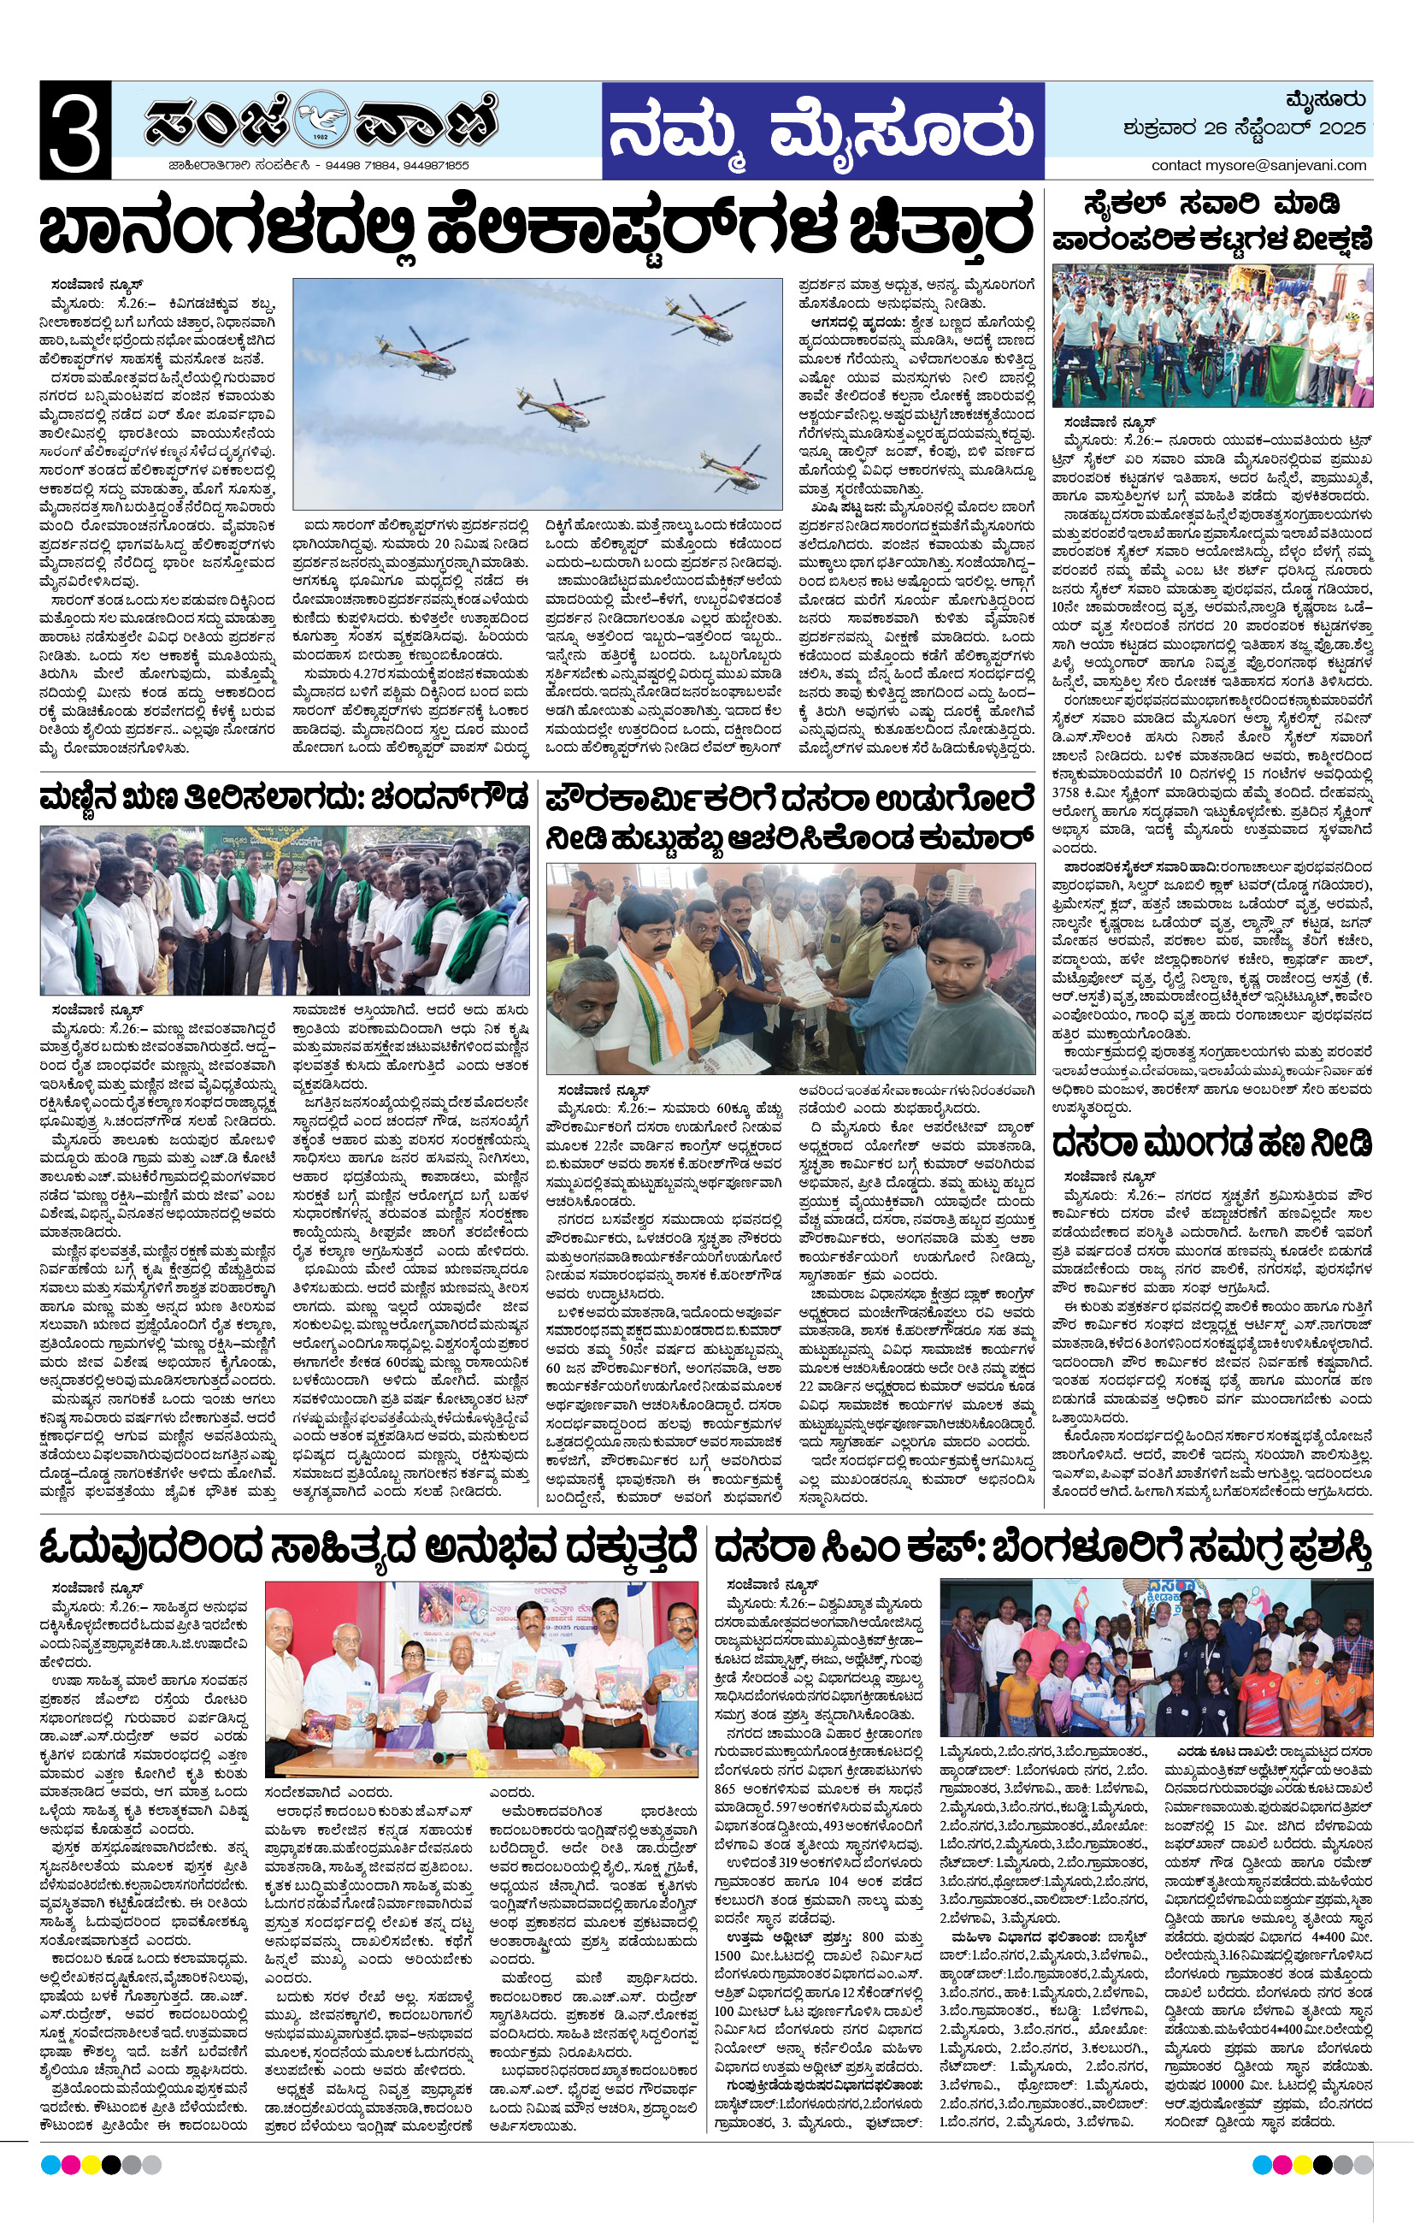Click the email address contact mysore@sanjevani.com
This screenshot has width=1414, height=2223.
pyautogui.click(x=1258, y=165)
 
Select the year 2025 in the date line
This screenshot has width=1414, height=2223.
pyautogui.click(x=1342, y=128)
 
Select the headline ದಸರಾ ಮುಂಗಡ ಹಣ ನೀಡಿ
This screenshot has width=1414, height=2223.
pyautogui.click(x=1211, y=1143)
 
